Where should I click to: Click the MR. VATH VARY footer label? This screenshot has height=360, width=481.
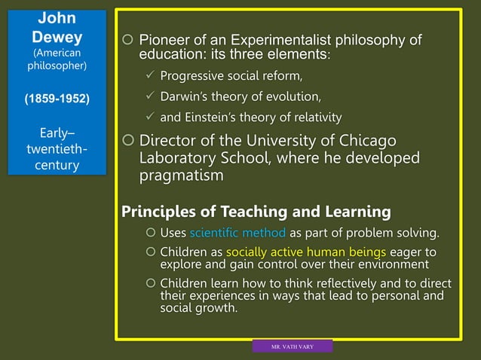tap(292, 346)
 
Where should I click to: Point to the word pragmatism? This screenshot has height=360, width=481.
tap(181, 175)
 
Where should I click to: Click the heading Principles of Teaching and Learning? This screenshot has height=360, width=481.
tap(256, 211)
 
